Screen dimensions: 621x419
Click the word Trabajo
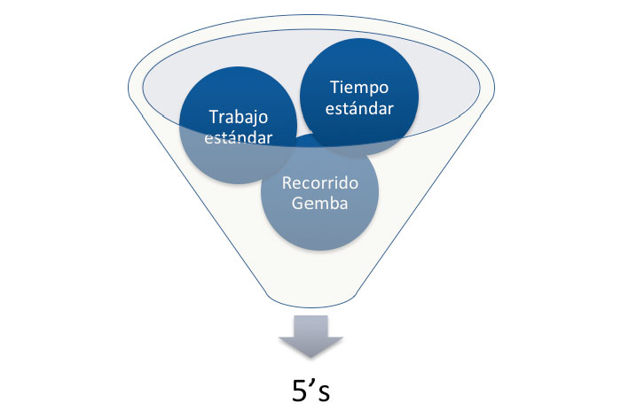click(x=239, y=118)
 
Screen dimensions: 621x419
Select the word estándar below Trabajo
click(x=239, y=137)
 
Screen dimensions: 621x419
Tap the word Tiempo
click(x=359, y=89)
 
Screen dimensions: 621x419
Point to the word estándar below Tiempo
click(x=359, y=108)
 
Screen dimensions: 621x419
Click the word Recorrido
click(x=320, y=182)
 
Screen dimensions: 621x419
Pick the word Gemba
click(x=320, y=203)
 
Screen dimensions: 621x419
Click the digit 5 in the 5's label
click(x=300, y=391)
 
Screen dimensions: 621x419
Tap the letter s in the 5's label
click(x=324, y=394)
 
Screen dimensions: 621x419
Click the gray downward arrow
click(x=310, y=337)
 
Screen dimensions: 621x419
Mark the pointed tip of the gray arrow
click(x=310, y=358)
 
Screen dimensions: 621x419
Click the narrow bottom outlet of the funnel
click(x=311, y=301)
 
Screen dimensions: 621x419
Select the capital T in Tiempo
click(x=336, y=87)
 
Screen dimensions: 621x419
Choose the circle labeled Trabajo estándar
click(x=238, y=125)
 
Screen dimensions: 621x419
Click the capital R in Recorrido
click(x=287, y=183)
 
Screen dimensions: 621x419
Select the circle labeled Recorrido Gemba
click(x=319, y=192)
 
